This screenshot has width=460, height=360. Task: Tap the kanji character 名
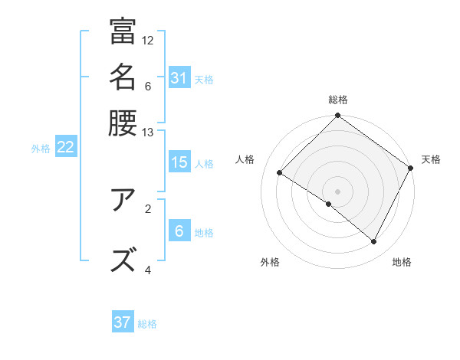(x=123, y=77)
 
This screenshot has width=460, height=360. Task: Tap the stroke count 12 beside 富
(x=148, y=40)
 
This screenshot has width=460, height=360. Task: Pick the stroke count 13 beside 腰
(x=148, y=132)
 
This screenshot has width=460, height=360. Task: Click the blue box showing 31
(x=179, y=78)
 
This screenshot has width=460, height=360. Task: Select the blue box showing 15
(x=179, y=162)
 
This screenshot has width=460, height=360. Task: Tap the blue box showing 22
(x=65, y=148)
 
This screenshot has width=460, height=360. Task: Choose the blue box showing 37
(x=122, y=322)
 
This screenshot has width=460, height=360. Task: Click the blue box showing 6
(x=179, y=231)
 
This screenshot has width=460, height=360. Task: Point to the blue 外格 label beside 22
(x=41, y=149)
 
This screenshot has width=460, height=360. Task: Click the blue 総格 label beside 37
(x=147, y=324)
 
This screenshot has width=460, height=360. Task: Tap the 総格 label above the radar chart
(x=338, y=100)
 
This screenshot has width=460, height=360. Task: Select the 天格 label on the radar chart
(x=431, y=159)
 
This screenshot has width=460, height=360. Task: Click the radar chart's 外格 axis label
(x=270, y=262)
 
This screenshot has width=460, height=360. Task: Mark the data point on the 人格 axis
(x=280, y=173)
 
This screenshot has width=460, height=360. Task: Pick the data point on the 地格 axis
(x=374, y=242)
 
